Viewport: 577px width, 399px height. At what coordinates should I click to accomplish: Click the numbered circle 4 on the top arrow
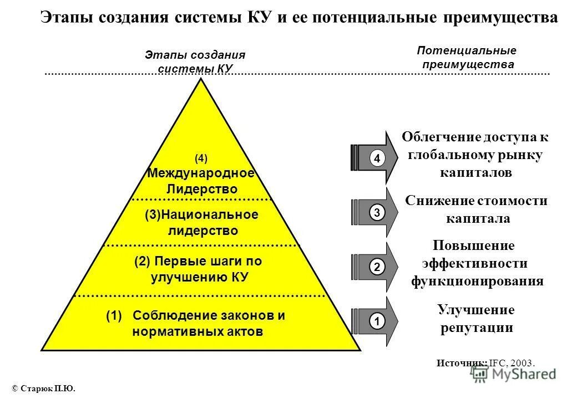[377, 159]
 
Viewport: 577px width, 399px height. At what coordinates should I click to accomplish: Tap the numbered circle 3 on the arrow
[377, 212]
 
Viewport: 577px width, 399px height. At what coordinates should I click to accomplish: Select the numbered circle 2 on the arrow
[377, 267]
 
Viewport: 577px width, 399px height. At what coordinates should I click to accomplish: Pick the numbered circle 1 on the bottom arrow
[377, 321]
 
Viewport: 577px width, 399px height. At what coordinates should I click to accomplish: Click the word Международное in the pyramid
[201, 173]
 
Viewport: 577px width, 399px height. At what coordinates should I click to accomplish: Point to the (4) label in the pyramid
[201, 159]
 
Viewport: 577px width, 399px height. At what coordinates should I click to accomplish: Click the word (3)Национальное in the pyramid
[201, 214]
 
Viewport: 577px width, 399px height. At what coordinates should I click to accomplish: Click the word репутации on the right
[477, 328]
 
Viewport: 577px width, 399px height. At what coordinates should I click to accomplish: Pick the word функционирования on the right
[477, 281]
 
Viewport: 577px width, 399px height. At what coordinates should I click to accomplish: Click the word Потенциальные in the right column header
[466, 50]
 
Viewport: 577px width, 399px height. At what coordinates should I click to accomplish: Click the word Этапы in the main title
[68, 18]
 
